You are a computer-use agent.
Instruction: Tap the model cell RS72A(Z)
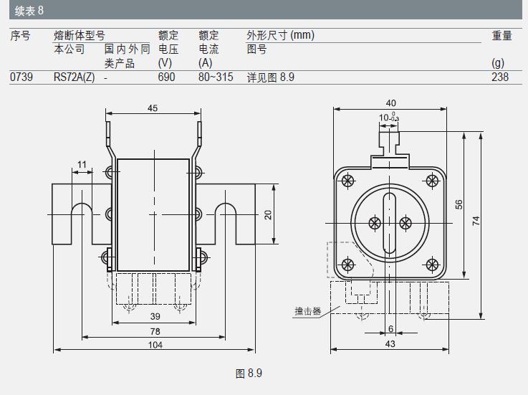74,77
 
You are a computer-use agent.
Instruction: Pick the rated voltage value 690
166,77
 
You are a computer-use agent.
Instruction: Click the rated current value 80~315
216,77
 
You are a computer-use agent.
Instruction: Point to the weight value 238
500,77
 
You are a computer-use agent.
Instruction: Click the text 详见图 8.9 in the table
271,77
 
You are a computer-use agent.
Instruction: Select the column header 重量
501,35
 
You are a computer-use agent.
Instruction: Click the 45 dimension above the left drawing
153,108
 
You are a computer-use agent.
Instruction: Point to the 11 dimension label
82,164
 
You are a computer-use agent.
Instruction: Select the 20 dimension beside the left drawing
268,214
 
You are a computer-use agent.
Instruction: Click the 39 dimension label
155,316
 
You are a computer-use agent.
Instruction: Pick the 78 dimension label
155,330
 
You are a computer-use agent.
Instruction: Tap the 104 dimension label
155,345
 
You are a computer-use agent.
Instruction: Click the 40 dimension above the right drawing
390,103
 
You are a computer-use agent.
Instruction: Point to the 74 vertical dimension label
476,222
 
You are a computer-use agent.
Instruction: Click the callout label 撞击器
307,311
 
